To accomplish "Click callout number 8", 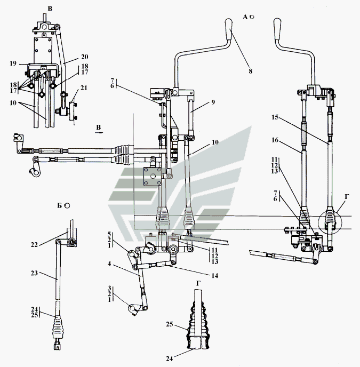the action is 251,71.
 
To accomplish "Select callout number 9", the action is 213,102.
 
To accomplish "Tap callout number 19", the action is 13,63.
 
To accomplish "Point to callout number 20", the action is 84,57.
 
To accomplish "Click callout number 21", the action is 84,88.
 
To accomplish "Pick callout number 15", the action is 275,117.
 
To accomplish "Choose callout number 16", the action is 275,140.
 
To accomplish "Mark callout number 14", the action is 214,276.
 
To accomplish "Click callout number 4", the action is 109,264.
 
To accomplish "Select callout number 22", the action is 34,245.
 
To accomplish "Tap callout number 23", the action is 34,273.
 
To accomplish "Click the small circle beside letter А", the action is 252,17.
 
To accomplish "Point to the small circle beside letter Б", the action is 67,205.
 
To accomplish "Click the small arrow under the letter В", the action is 99,132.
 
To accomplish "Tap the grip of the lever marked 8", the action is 228,29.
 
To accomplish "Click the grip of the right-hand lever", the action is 277,29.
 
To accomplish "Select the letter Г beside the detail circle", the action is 347,197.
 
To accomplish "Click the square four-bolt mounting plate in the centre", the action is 152,176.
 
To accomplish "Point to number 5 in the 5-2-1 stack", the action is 109,234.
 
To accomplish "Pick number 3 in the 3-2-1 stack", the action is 109,288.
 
